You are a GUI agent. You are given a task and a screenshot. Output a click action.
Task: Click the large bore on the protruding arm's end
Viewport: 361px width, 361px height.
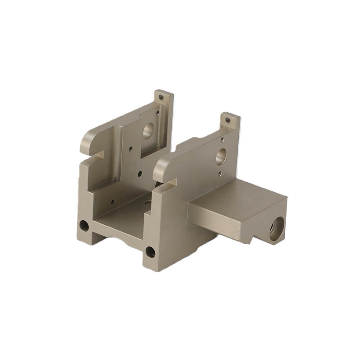pos(277,227)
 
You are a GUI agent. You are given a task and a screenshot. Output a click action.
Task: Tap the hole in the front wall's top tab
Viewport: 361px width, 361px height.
pos(228,120)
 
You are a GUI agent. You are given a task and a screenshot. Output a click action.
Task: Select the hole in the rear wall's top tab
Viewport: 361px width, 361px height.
pos(161,97)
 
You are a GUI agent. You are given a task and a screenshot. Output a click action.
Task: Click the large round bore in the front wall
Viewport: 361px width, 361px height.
pos(221,157)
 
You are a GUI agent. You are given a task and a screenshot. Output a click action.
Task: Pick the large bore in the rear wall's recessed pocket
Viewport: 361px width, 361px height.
pos(148,131)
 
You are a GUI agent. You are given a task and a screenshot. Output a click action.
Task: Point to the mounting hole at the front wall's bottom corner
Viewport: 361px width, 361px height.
pos(150,252)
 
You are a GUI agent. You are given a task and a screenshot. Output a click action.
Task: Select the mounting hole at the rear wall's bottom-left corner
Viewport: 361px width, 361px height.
pos(84,225)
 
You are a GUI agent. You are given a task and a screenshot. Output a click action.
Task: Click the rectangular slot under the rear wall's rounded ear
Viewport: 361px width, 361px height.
pos(93,157)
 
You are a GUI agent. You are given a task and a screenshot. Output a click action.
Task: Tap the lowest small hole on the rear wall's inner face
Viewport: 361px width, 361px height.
pos(112,202)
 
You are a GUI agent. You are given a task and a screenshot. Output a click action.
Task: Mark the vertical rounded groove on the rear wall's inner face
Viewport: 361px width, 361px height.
pos(118,153)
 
